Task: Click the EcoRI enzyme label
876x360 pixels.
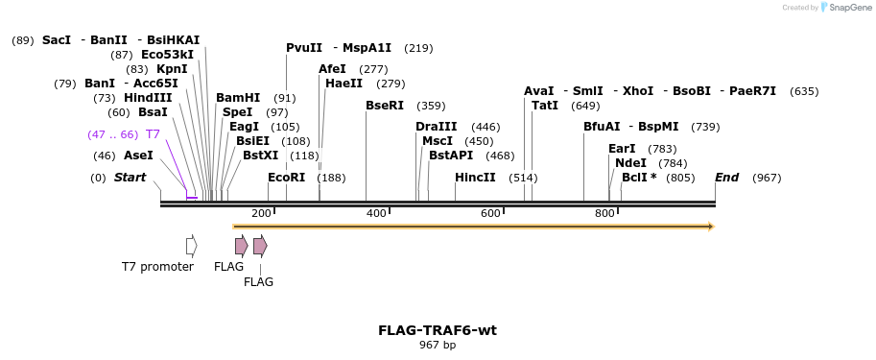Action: point(286,178)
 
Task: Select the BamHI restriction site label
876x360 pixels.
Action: point(238,98)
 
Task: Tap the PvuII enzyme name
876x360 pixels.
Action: point(304,48)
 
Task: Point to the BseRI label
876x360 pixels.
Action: point(385,106)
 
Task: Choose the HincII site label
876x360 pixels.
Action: point(475,178)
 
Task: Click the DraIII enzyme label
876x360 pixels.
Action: point(437,127)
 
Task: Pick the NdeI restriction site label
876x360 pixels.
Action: point(630,163)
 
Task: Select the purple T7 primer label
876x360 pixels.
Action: point(153,134)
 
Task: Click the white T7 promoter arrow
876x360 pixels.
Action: point(191,246)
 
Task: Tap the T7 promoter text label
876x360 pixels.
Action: point(157,267)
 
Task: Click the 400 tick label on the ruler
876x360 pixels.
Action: point(376,213)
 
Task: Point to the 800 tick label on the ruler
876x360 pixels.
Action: point(604,213)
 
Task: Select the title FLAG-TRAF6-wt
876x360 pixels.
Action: point(438,330)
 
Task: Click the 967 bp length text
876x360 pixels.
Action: point(438,345)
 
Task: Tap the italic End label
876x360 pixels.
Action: point(727,178)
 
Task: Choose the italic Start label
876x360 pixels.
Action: point(130,178)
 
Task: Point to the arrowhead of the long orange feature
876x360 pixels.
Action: point(711,227)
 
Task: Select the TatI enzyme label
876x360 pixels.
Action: point(545,106)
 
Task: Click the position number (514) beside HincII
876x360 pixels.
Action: point(523,178)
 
